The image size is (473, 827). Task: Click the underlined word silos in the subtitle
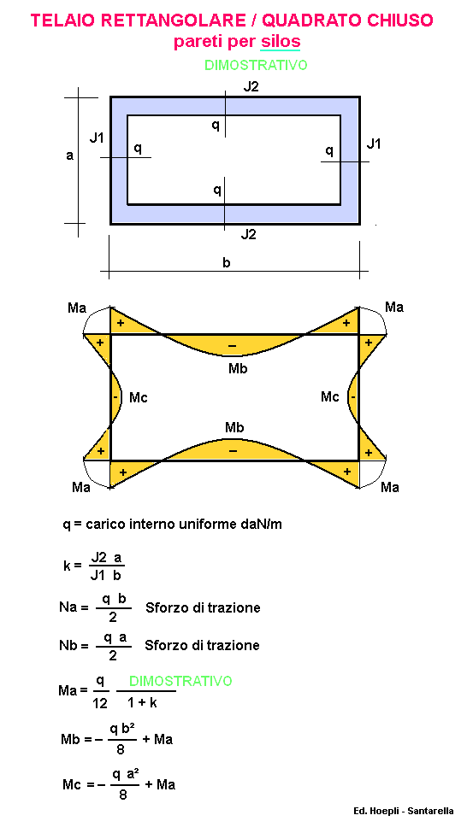(x=281, y=41)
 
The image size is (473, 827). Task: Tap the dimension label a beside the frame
(x=69, y=156)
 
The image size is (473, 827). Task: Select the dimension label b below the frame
(x=227, y=262)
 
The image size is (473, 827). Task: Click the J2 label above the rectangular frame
(x=251, y=87)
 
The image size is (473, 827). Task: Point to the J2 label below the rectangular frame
(x=248, y=234)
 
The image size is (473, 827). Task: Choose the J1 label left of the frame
(x=97, y=138)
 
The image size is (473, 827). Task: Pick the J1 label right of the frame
(x=374, y=143)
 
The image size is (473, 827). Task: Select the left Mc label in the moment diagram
(x=139, y=397)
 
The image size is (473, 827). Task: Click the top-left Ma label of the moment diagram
(x=77, y=308)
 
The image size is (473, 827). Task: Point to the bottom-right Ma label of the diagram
(x=389, y=487)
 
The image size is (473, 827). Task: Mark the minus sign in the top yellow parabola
(x=233, y=346)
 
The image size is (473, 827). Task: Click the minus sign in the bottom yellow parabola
(x=233, y=451)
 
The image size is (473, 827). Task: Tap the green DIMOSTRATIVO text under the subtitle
(x=256, y=66)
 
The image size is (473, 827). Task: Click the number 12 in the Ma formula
(x=100, y=703)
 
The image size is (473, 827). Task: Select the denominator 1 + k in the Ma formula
(x=142, y=702)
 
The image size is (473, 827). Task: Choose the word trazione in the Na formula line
(x=236, y=607)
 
